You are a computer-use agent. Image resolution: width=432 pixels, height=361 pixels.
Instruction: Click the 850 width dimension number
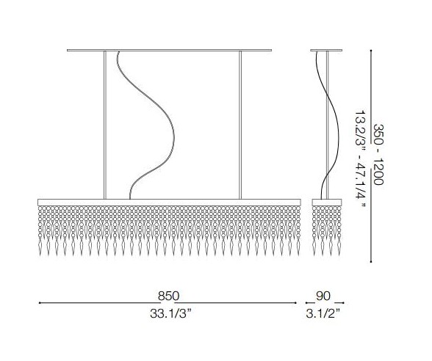[168, 296]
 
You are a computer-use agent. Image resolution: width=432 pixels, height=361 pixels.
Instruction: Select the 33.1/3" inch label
[170, 313]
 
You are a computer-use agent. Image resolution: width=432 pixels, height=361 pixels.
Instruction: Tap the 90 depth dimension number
[323, 296]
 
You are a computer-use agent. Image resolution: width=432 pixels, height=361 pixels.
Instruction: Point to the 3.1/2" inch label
[323, 313]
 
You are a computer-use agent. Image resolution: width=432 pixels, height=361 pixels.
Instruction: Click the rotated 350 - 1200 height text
[378, 154]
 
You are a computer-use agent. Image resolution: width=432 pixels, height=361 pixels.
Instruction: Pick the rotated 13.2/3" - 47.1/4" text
[360, 159]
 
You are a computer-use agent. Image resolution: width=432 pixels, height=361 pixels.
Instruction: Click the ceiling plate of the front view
[170, 51]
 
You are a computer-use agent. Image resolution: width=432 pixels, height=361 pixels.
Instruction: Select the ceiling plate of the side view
[326, 51]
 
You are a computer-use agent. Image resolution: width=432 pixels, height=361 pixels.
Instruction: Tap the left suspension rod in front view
[104, 125]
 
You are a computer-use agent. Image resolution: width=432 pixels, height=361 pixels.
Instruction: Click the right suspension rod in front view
[240, 125]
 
